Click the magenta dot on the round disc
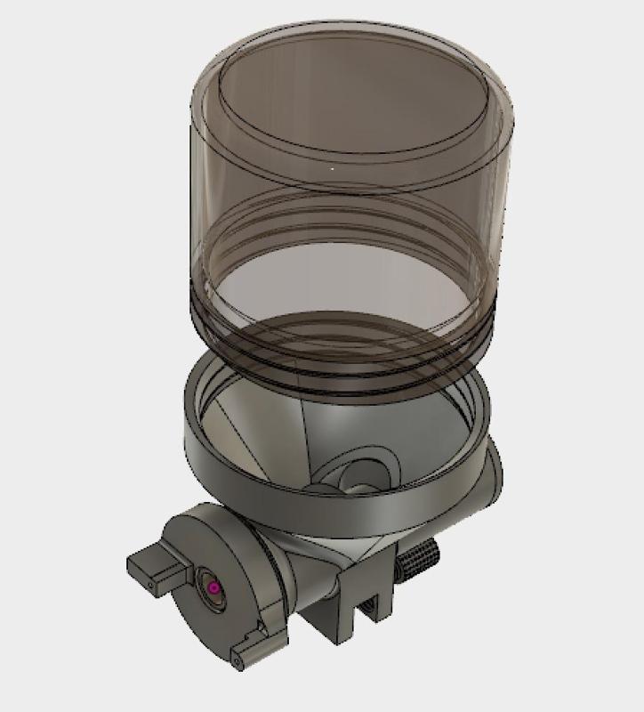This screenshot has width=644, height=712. [x=213, y=588]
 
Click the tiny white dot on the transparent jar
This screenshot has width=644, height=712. [x=333, y=166]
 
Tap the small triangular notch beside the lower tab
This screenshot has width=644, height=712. [x=267, y=636]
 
